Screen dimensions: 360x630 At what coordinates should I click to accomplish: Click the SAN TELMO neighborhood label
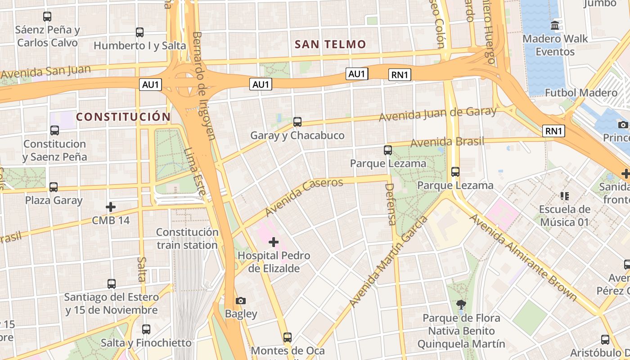330,44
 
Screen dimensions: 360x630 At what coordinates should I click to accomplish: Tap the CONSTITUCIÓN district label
123,117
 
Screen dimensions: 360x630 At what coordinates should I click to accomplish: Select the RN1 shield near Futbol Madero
553,131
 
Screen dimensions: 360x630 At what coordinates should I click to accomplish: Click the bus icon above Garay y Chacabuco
297,121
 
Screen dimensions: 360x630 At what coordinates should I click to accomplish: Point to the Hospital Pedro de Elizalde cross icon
274,243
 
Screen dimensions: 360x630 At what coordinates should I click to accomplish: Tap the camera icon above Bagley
241,301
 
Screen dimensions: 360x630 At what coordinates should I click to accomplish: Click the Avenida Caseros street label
304,196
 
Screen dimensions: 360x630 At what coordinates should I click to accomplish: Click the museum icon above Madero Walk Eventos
554,25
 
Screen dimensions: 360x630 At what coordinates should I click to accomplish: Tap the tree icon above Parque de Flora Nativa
461,305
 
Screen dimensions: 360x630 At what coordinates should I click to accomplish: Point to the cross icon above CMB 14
111,207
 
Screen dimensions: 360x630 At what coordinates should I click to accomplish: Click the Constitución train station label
187,238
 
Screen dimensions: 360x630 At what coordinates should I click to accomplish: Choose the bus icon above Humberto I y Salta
139,32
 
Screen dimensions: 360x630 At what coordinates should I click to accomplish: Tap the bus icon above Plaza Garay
54,187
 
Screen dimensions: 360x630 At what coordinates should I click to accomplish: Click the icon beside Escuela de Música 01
564,196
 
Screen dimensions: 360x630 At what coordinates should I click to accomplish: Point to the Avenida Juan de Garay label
437,113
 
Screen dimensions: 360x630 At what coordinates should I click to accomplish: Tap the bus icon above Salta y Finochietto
146,329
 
